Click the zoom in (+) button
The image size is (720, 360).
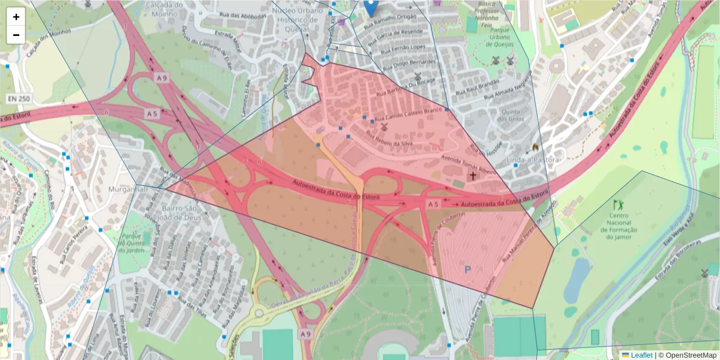click(x=16, y=17)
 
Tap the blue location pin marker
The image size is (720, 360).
click(x=371, y=7)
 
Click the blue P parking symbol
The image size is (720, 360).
click(x=467, y=271)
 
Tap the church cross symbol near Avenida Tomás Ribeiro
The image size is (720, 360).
click(x=473, y=176)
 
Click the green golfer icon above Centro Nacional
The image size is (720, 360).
click(x=618, y=205)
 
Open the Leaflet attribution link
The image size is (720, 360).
click(x=641, y=355)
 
